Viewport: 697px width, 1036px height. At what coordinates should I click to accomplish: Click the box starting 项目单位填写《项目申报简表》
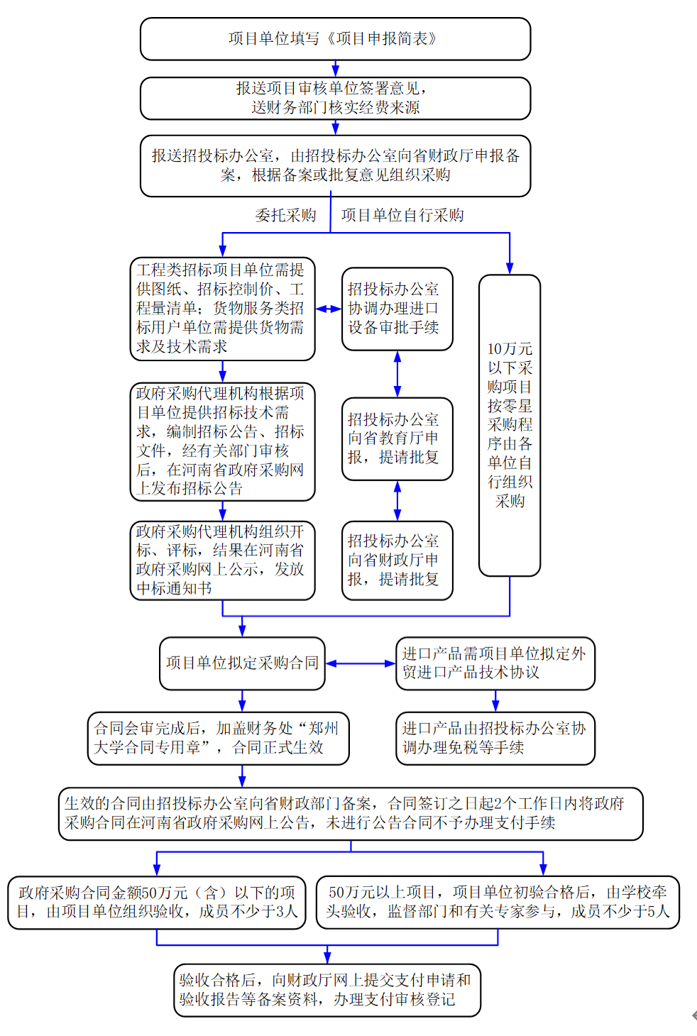335,39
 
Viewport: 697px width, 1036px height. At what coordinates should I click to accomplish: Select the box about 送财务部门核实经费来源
335,98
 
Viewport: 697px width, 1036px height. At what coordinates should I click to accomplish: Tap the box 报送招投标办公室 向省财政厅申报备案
335,165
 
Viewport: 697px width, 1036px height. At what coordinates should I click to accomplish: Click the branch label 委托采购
285,215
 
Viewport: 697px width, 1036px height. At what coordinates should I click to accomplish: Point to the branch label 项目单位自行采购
402,215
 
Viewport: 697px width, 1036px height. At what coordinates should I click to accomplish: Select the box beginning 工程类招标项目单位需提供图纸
222,309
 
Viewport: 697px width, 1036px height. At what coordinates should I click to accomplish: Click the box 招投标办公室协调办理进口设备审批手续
397,309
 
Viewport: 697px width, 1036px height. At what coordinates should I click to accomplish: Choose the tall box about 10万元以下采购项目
509,425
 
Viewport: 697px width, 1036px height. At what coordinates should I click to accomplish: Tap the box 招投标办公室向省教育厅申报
397,439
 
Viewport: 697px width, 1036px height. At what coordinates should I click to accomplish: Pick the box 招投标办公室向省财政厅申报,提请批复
397,561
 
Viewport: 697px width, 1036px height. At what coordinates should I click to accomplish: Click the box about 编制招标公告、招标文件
222,441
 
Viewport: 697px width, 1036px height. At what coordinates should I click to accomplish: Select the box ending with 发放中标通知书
222,561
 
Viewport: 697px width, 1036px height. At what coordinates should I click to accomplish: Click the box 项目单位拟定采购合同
242,663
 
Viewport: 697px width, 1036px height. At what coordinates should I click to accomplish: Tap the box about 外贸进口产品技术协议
495,663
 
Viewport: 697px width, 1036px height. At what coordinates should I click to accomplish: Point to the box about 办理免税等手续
495,738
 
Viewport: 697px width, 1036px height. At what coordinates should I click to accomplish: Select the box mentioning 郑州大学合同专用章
218,738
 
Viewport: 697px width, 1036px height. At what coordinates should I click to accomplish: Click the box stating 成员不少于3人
157,902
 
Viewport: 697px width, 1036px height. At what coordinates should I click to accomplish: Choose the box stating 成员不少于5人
498,902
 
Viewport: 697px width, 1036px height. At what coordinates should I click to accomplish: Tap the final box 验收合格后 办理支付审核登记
327,990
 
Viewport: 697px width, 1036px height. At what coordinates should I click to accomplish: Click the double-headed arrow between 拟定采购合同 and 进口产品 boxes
361,663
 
